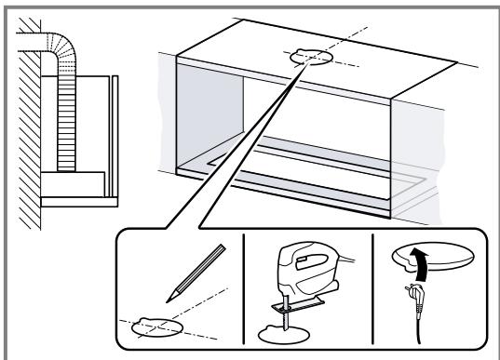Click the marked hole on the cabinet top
310,59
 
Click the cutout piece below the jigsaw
279,331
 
